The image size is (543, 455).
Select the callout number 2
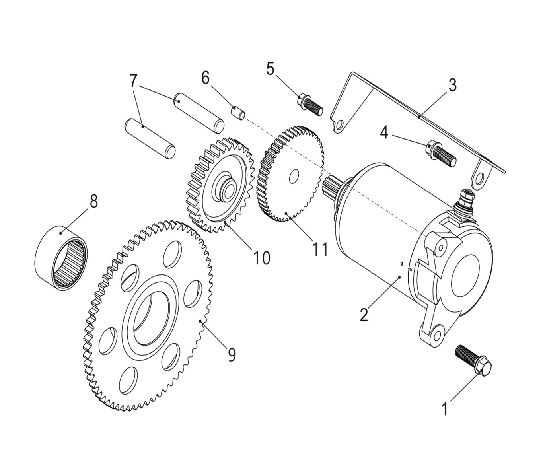[x=364, y=314]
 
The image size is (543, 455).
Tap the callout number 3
[x=453, y=85]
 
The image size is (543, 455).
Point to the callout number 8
[x=93, y=201]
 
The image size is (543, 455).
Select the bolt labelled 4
[x=442, y=153]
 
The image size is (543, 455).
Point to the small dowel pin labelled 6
[x=238, y=113]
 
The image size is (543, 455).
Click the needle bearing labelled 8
[x=61, y=258]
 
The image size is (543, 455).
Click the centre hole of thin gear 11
[x=294, y=177]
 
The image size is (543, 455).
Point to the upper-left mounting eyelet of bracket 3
[x=339, y=126]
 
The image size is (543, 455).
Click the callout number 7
[x=133, y=81]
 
